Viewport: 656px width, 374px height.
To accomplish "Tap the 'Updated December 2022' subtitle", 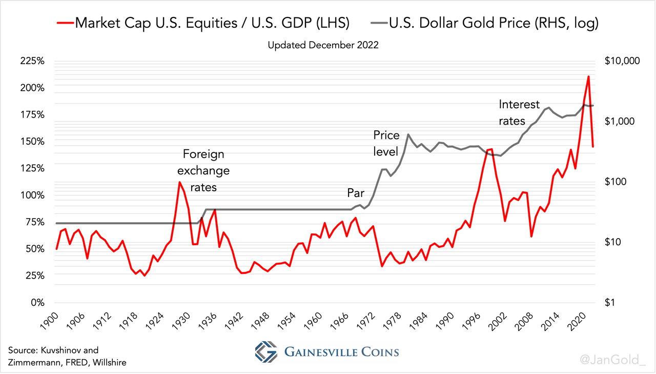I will [323, 45].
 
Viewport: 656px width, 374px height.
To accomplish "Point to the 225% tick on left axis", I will [31, 61].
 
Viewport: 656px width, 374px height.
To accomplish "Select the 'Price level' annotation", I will [386, 143].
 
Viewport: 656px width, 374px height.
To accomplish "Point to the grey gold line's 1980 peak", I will [408, 134].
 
